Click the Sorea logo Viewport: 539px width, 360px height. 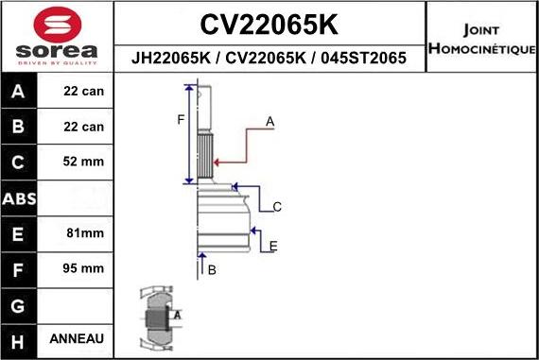pyautogui.click(x=56, y=38)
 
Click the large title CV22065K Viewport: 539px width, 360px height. pyautogui.click(x=269, y=24)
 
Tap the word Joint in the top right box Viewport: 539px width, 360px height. pyautogui.click(x=481, y=28)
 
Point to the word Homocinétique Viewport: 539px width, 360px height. pyautogui.click(x=481, y=48)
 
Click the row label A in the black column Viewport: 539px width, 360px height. pyautogui.click(x=19, y=92)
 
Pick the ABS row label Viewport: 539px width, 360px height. pyautogui.click(x=19, y=198)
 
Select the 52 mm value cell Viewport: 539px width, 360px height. pyautogui.click(x=83, y=162)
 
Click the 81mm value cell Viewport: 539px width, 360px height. pyautogui.click(x=83, y=232)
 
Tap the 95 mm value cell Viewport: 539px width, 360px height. pyautogui.click(x=83, y=268)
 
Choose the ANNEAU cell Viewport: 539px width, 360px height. pyautogui.click(x=83, y=338)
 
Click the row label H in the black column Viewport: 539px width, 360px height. pyautogui.click(x=19, y=338)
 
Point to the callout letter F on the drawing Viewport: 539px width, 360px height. pyautogui.click(x=180, y=119)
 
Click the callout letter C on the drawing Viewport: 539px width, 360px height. pyautogui.click(x=277, y=206)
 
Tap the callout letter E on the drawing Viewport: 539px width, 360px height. pyautogui.click(x=272, y=247)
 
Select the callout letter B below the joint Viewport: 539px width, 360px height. pyautogui.click(x=212, y=270)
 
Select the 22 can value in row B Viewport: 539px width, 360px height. pyautogui.click(x=83, y=127)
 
